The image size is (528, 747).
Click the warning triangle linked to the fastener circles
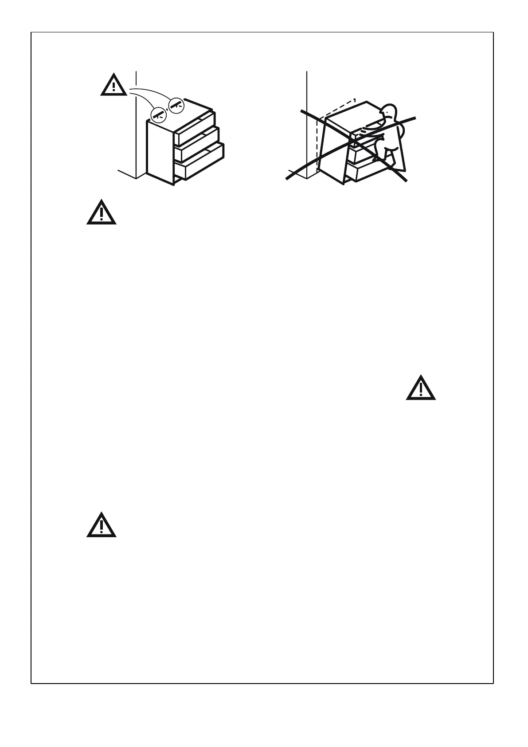[x=114, y=85]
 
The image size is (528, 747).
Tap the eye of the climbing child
[x=388, y=111]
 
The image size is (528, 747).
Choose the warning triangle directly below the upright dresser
[x=102, y=212]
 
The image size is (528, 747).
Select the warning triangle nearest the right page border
[x=421, y=388]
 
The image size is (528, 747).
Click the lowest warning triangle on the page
[x=102, y=526]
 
